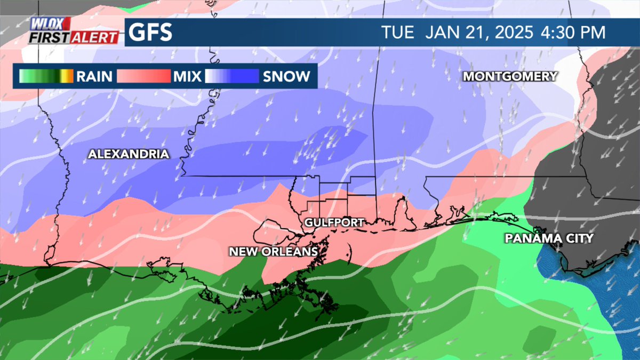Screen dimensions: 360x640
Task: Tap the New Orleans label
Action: pos(274,251)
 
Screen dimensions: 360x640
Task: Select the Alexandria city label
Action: pos(129,155)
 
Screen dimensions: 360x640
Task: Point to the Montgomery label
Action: pos(510,76)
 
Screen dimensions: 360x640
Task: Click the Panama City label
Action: pos(549,238)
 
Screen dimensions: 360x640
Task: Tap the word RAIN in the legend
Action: pos(94,77)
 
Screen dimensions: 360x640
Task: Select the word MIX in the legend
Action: pos(187,77)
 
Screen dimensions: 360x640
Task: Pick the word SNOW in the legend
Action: pos(286,77)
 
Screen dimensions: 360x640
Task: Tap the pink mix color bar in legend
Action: pos(143,77)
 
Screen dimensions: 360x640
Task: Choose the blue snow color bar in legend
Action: pos(232,77)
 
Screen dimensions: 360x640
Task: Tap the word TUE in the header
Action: pos(398,33)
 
